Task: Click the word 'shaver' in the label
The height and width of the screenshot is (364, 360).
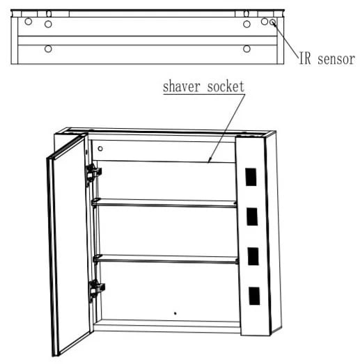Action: (182, 86)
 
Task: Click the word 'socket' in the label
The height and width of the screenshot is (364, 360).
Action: (226, 86)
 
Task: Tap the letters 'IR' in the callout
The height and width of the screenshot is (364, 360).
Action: (305, 58)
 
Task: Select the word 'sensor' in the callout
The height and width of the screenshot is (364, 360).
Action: (336, 59)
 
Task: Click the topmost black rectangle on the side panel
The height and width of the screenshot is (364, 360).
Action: (251, 177)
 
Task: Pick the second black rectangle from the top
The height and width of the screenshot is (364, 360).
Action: (252, 216)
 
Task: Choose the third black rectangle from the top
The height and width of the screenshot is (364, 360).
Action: (253, 256)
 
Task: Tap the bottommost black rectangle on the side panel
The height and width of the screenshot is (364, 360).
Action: (254, 296)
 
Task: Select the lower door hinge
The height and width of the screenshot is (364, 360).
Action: (96, 290)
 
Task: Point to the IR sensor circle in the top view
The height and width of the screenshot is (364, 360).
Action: (272, 22)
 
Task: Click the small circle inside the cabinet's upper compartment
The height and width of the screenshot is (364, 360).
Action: (100, 148)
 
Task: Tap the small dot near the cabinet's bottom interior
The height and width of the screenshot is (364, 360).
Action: (175, 313)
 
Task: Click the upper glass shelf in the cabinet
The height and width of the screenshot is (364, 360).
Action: (164, 203)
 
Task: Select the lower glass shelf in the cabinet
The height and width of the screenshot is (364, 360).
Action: (166, 259)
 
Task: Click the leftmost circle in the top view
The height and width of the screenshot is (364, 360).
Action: (29, 22)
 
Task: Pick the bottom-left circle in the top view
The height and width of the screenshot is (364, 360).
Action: (48, 49)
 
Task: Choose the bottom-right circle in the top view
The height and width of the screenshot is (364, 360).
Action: (246, 49)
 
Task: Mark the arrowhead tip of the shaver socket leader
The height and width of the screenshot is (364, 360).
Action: (208, 162)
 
